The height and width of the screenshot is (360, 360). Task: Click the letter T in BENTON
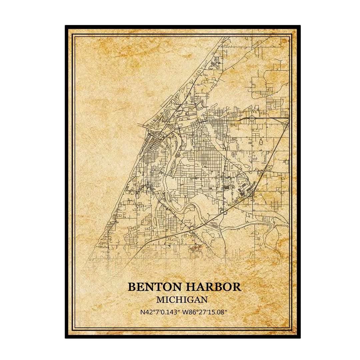pos(152,287)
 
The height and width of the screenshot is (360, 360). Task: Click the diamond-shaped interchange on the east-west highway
pos(253,118)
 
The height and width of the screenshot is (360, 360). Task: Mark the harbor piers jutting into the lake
pos(144,126)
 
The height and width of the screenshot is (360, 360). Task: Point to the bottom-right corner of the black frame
pos(299,337)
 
